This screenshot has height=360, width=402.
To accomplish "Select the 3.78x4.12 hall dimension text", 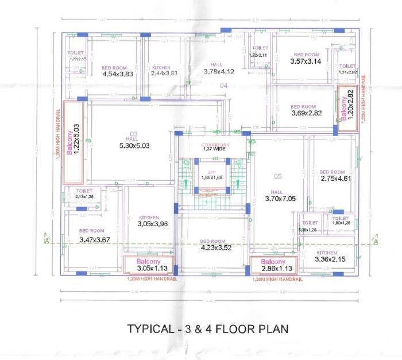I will (x=219, y=72).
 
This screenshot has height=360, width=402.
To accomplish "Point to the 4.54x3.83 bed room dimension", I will (x=118, y=74).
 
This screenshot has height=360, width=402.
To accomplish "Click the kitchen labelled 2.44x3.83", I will (x=157, y=74).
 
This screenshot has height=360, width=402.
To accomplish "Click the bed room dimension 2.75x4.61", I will (x=335, y=179).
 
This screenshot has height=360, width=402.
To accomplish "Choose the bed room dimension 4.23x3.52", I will (x=211, y=249).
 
